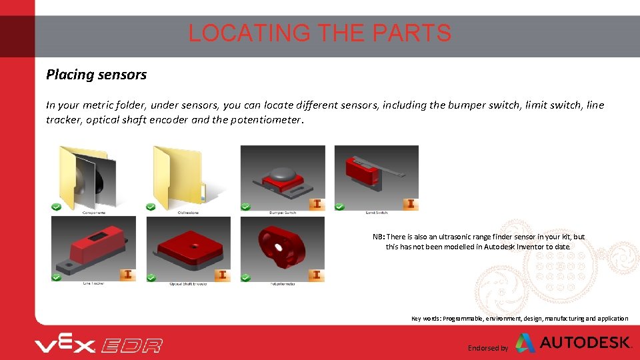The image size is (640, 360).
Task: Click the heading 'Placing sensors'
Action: (96, 75)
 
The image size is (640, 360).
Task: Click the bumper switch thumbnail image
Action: (283, 177)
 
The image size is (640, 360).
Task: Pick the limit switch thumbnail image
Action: (377, 177)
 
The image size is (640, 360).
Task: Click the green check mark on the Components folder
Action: (57, 207)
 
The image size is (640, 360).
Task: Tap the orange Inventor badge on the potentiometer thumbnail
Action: (317, 274)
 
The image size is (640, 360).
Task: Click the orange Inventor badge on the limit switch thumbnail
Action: (411, 203)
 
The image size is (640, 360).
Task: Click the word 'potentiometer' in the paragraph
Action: (267, 121)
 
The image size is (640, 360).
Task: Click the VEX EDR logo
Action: (99, 345)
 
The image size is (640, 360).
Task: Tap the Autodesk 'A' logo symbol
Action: (525, 343)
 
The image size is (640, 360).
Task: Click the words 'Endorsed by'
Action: (487, 348)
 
